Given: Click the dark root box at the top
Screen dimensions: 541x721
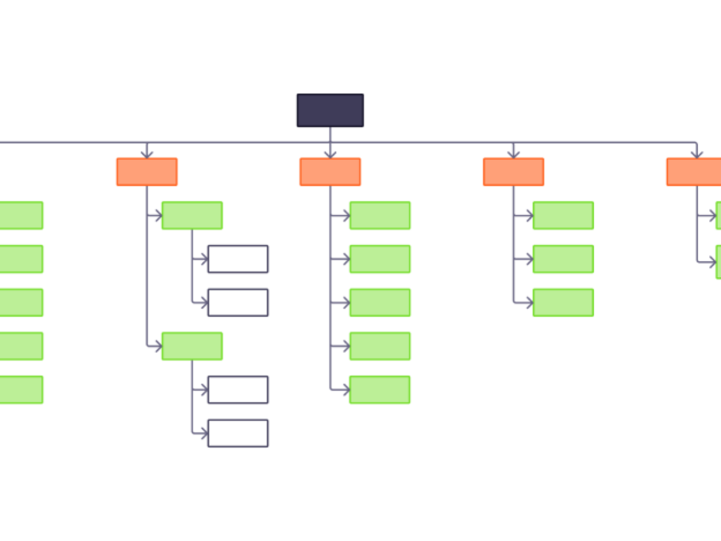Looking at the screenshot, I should tap(330, 110).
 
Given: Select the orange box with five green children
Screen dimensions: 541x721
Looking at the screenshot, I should tap(330, 172).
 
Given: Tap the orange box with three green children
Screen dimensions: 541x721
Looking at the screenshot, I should tap(514, 172).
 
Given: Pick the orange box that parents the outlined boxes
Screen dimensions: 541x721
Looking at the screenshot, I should tap(147, 172).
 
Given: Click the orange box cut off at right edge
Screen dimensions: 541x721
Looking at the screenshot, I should tap(694, 172).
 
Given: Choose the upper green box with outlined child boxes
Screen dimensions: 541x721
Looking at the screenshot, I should tap(192, 216).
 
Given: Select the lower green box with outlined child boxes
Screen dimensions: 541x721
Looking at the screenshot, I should tap(192, 346).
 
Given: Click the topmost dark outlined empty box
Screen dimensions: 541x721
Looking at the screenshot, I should tap(238, 259).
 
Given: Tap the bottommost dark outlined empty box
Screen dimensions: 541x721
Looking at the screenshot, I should tap(238, 433).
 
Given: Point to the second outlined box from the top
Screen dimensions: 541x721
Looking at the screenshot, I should tap(238, 302).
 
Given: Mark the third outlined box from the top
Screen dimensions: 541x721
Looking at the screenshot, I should tap(238, 390).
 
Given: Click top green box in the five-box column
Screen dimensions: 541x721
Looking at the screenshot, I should tap(380, 216).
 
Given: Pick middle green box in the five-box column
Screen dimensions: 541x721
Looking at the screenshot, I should tap(380, 302).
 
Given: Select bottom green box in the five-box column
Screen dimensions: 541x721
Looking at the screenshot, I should tap(380, 390).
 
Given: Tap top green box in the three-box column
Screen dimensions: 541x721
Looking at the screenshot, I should tap(564, 216).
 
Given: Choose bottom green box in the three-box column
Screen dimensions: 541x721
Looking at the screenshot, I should tap(564, 302).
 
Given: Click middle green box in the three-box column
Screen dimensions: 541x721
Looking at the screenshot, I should tap(564, 259).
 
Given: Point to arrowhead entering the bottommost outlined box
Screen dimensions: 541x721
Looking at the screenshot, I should tap(204, 433).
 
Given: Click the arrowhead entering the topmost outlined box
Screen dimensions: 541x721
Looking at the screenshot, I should tap(204, 259).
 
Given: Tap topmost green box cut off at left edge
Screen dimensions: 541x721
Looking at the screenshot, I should tap(21, 216).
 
